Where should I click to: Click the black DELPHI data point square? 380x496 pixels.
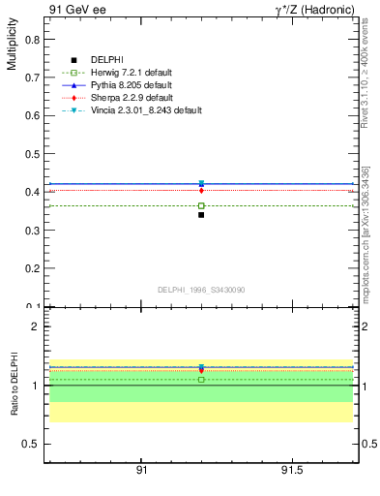coord(201,215)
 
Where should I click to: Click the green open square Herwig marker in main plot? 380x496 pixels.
coord(201,205)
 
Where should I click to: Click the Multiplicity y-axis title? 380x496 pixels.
coord(13,47)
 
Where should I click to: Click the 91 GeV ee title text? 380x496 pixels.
coord(76,10)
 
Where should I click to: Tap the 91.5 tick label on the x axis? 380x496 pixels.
coord(291,470)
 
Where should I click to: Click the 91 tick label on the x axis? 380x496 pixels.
coord(141,470)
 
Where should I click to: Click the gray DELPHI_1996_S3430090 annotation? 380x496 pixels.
coord(200,290)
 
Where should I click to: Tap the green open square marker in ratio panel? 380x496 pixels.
coord(201,379)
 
